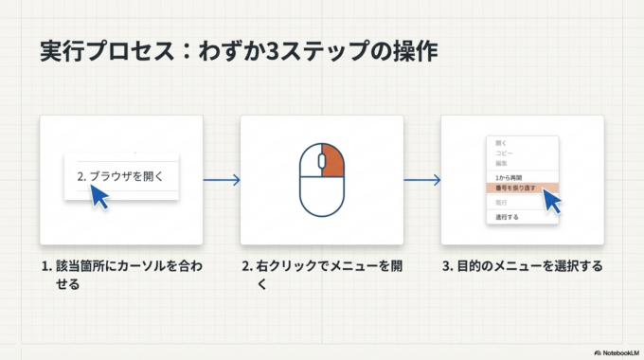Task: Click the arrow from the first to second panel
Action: point(222,180)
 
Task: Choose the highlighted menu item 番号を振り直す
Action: point(517,189)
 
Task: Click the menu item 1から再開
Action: point(510,177)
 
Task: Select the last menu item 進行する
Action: point(507,216)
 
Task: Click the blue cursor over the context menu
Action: point(552,200)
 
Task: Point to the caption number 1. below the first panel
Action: point(46,265)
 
